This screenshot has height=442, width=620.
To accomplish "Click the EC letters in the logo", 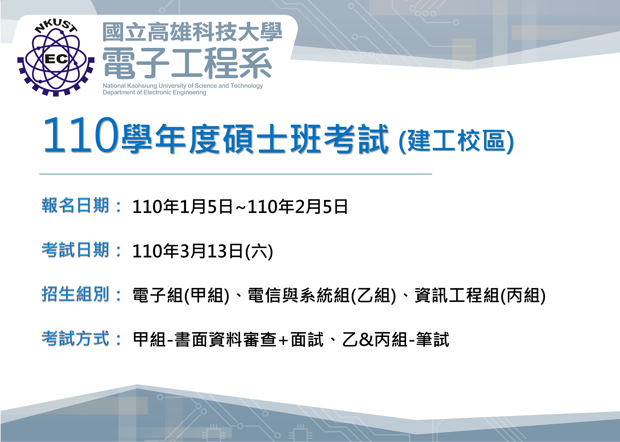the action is [56, 58].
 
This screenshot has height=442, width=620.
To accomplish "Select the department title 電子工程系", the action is [187, 63].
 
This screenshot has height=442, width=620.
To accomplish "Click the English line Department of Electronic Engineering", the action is [154, 93].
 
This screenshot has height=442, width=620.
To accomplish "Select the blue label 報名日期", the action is [76, 205].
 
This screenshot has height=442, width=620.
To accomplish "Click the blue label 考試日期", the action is [76, 250].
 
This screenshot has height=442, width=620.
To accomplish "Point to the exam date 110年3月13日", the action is [188, 251].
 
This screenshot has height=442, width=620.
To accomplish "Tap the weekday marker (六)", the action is [259, 251].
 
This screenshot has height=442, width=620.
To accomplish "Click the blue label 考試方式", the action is [76, 338].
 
